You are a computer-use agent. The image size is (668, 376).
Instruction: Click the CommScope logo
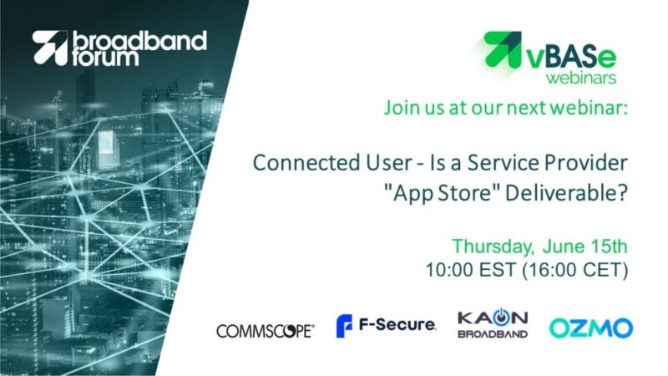[266, 331]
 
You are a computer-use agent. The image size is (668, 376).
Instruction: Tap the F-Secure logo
[386, 326]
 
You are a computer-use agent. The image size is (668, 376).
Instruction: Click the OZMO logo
[591, 328]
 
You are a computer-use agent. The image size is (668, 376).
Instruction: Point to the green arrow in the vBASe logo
[504, 49]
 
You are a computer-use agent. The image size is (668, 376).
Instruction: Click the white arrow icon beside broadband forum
[50, 48]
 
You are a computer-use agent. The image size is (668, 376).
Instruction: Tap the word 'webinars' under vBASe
[581, 78]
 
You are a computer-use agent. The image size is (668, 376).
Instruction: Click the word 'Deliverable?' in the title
[566, 193]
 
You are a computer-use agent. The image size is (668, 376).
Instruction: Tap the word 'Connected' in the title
[302, 163]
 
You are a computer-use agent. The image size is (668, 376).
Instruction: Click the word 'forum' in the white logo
[105, 58]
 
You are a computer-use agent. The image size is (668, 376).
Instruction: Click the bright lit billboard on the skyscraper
[106, 143]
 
